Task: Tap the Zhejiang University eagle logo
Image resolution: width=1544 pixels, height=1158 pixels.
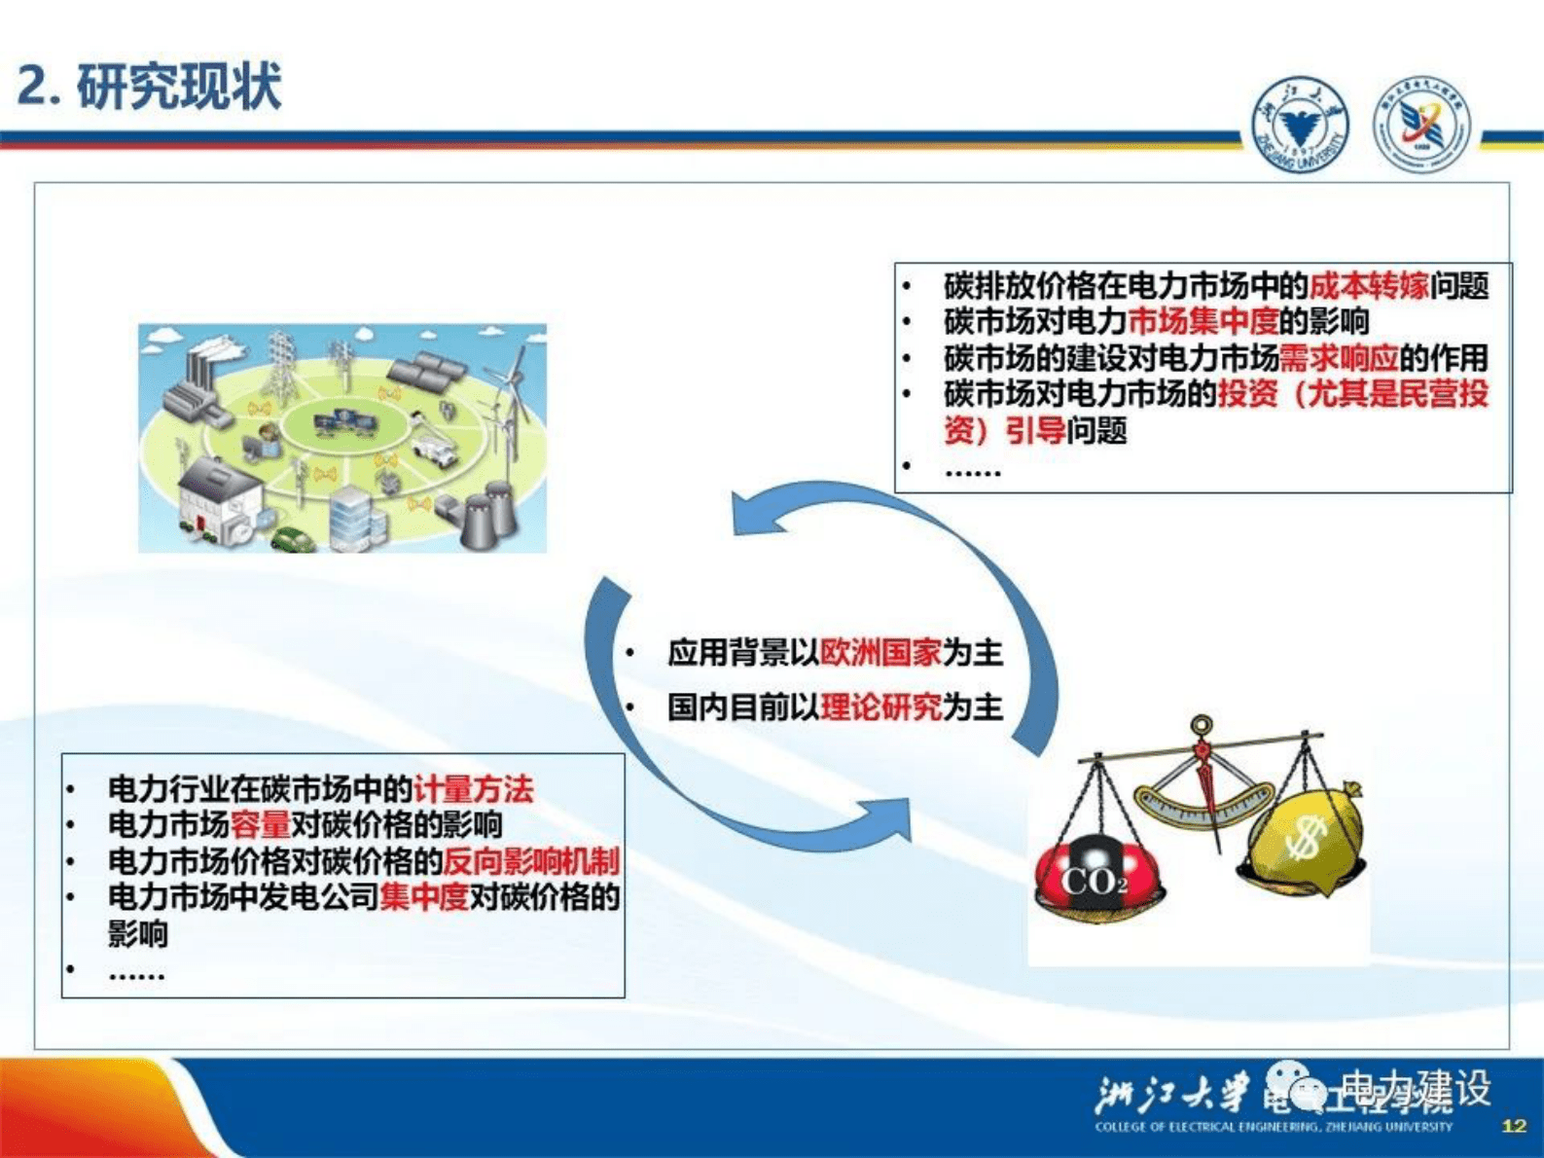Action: point(1299,125)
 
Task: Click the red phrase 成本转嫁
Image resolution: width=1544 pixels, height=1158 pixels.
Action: point(1368,285)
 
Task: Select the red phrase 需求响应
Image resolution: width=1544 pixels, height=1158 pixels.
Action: point(1338,358)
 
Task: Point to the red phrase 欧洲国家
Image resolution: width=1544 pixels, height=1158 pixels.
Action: point(880,652)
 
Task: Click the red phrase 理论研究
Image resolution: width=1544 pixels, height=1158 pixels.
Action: point(880,706)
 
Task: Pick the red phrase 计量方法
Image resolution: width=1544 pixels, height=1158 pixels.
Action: point(473,788)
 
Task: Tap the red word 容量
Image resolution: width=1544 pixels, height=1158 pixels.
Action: point(260,824)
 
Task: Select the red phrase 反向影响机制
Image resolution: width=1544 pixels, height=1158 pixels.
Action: point(530,860)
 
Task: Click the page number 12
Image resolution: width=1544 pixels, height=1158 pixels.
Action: point(1514,1126)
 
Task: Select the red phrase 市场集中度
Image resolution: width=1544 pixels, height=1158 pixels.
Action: point(1203,321)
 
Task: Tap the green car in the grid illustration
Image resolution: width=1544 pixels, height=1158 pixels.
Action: point(293,538)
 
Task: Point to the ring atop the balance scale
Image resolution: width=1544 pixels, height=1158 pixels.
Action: point(1203,725)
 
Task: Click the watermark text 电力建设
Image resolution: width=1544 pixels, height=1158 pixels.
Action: point(1415,1088)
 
